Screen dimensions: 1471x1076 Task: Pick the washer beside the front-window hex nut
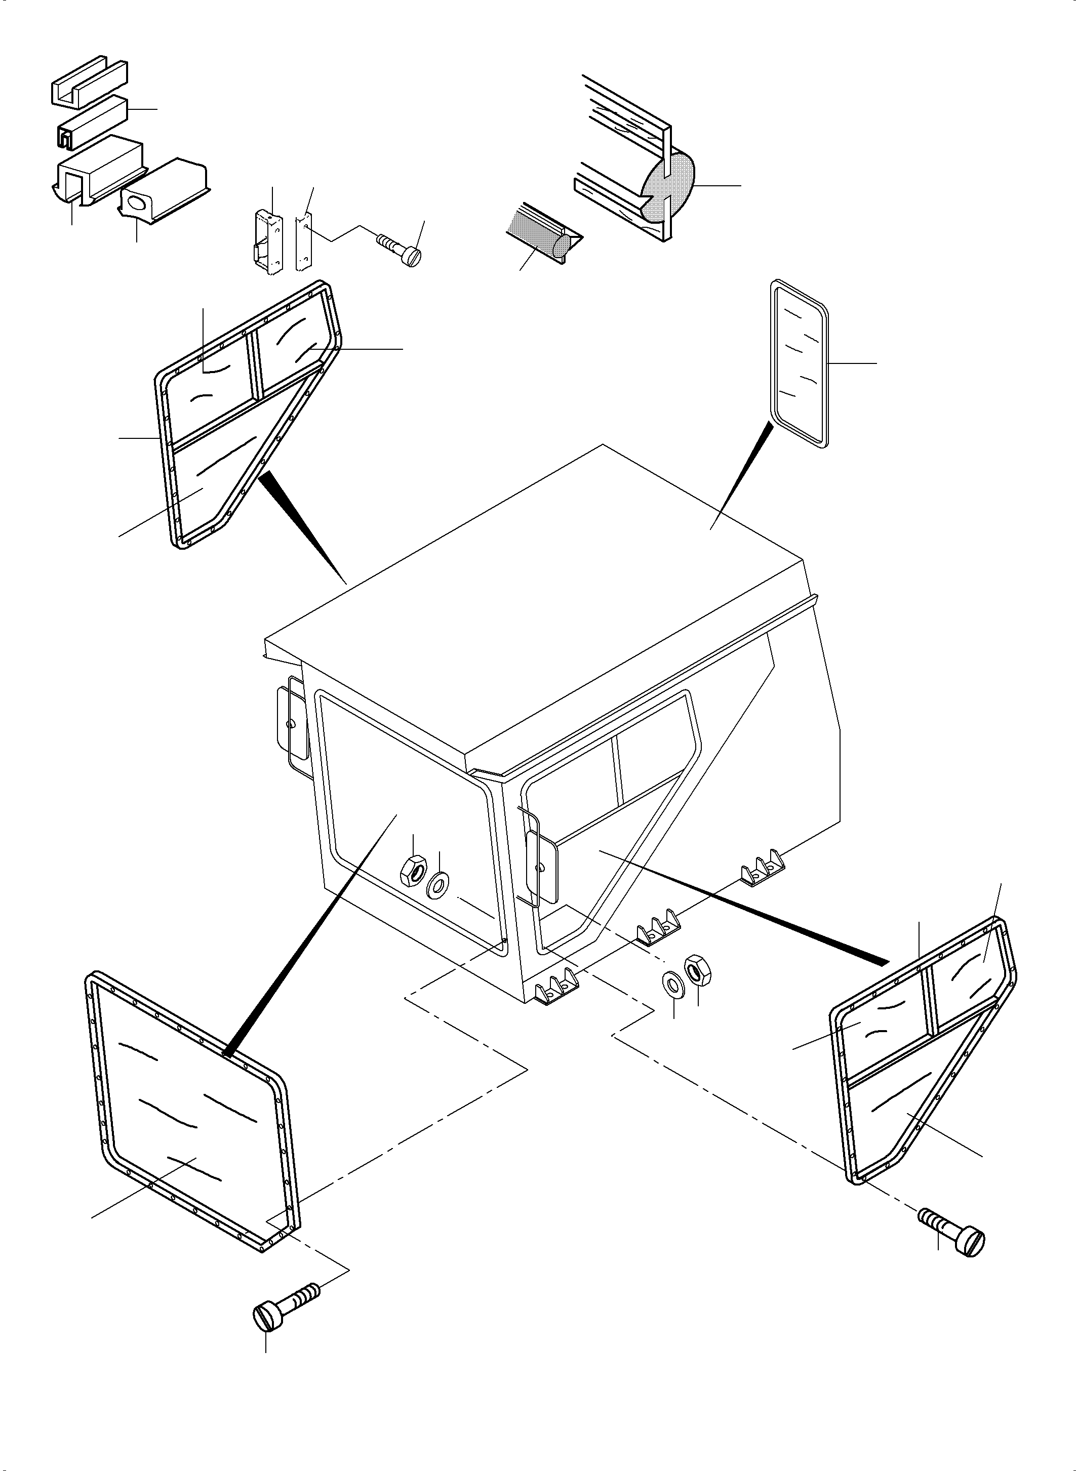coord(437,886)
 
